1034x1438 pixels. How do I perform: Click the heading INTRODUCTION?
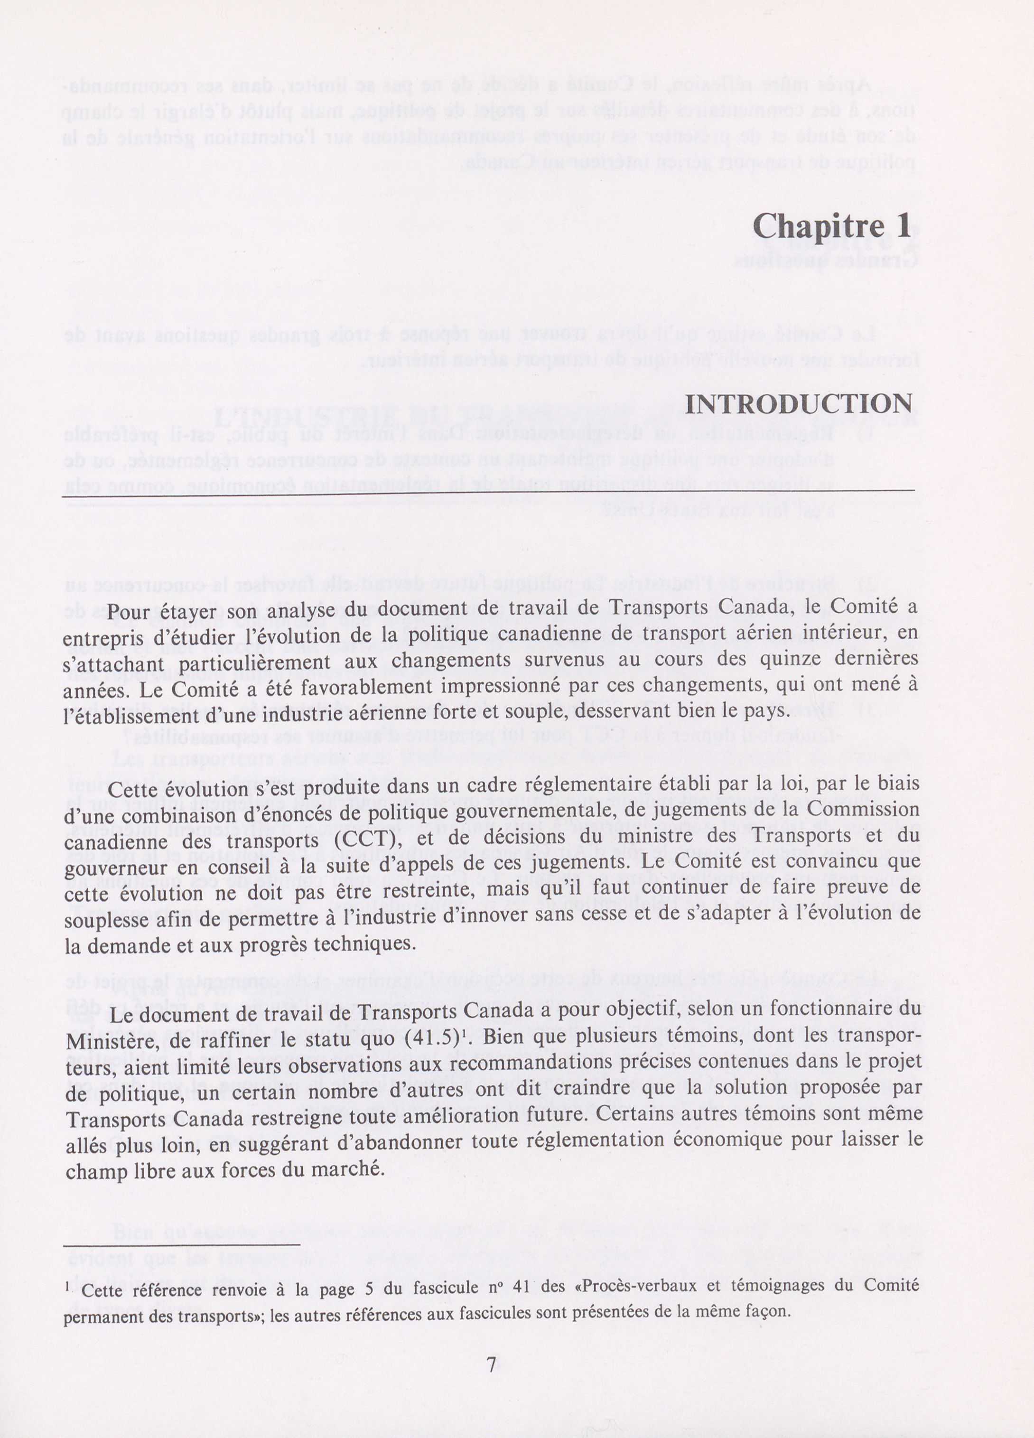799,404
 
